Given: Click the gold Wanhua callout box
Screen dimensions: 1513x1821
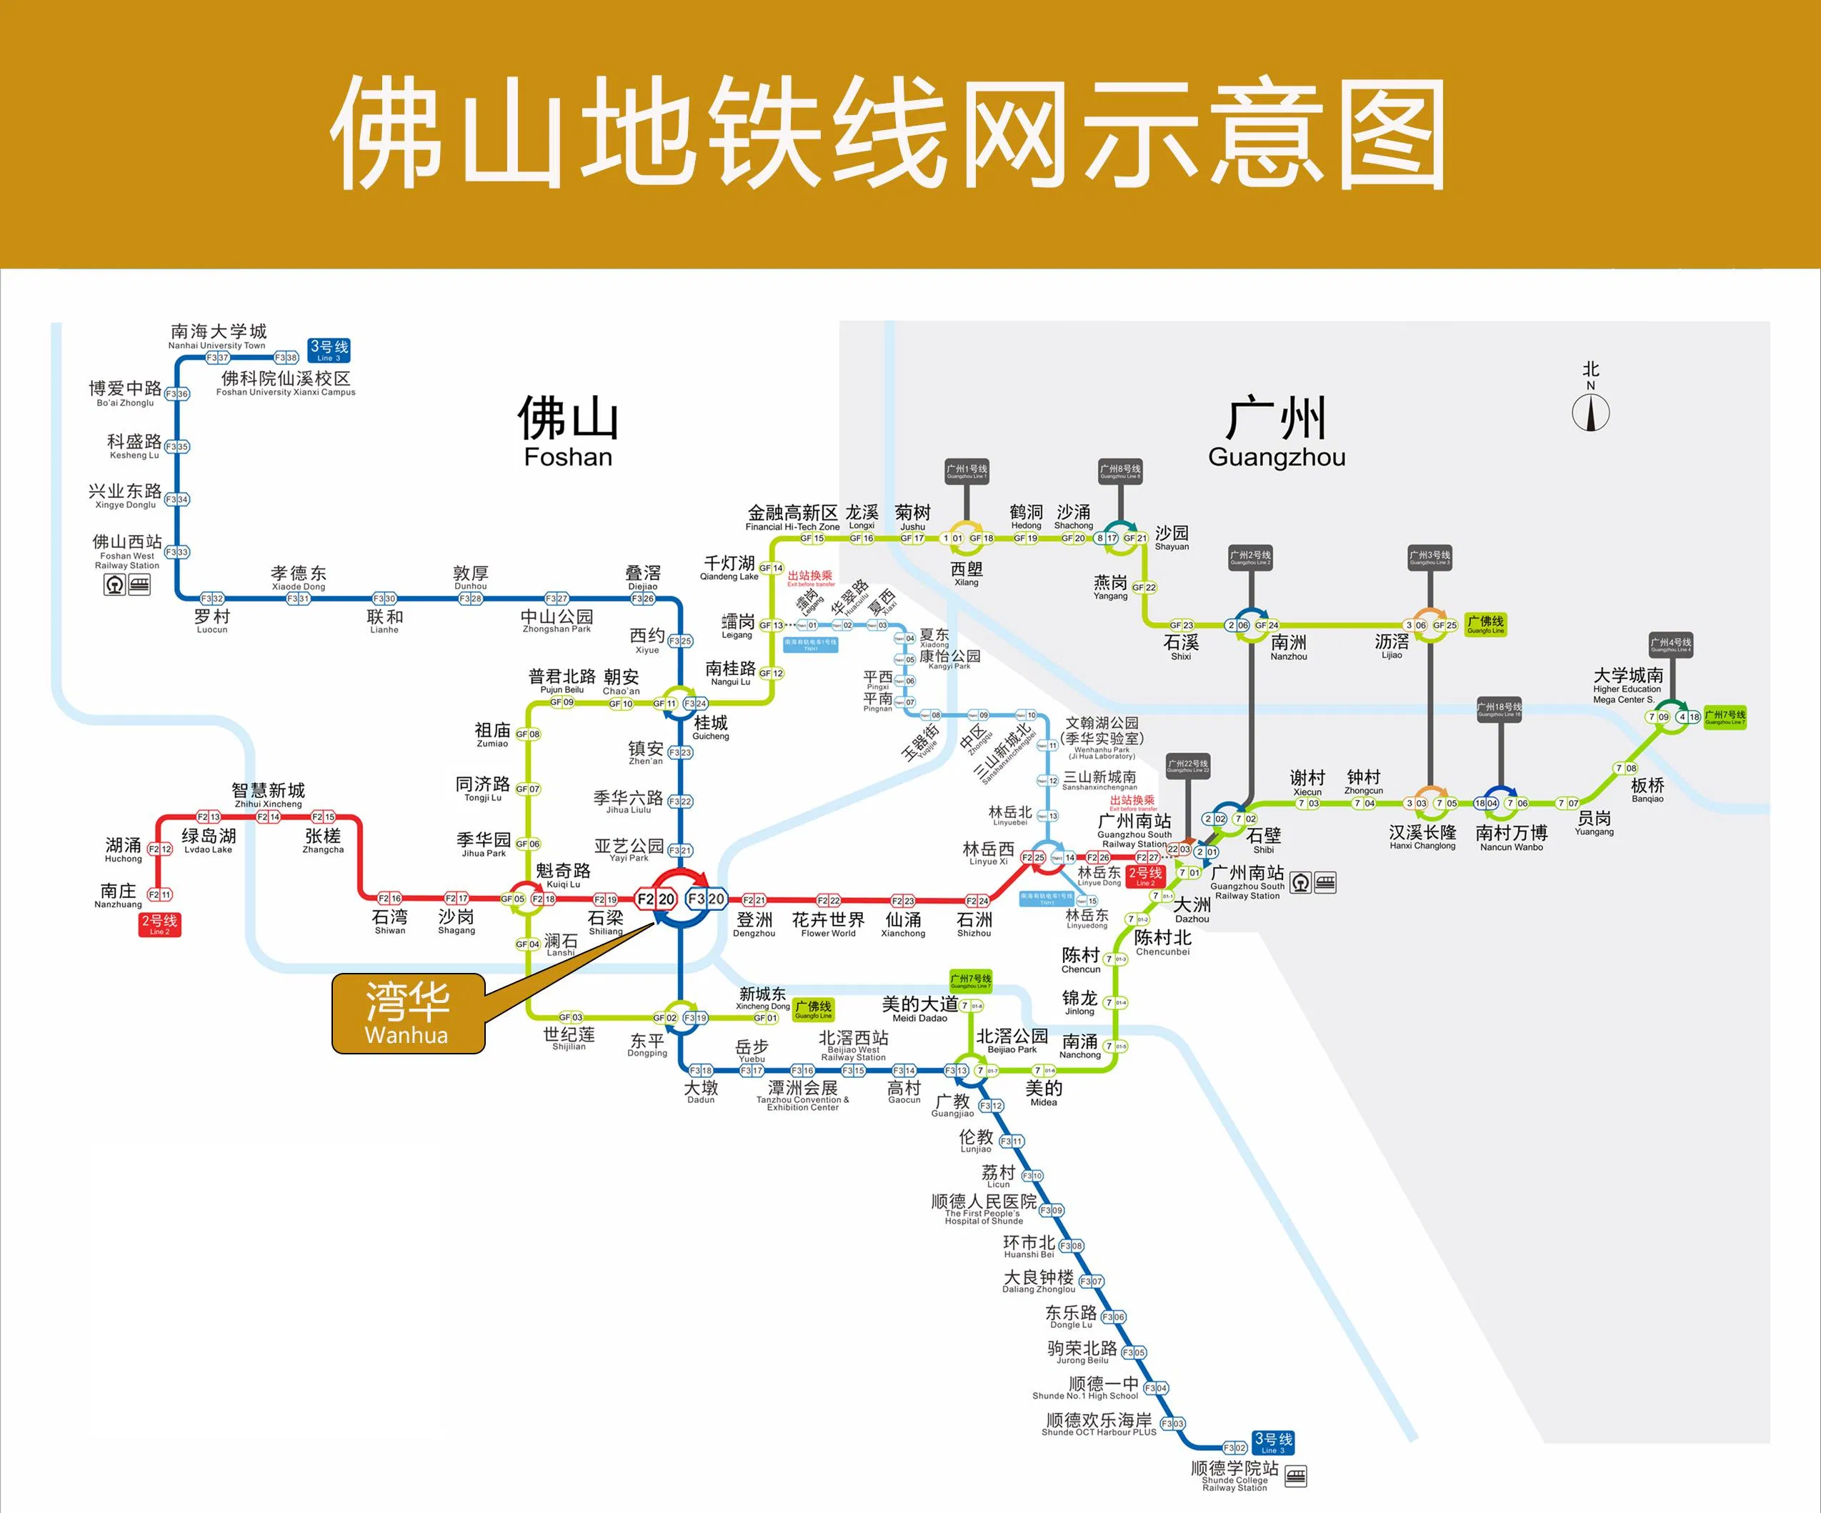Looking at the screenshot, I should click(407, 1013).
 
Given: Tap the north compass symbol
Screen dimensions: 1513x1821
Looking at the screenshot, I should click(1590, 413).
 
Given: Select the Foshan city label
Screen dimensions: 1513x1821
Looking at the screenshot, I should click(568, 431).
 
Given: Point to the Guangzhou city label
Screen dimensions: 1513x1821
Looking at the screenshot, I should click(1277, 431).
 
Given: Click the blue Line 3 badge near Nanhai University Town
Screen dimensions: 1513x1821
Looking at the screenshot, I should click(329, 350).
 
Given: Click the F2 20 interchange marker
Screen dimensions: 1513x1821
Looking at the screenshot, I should click(657, 899).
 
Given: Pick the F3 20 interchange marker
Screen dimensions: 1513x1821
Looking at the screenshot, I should click(706, 899).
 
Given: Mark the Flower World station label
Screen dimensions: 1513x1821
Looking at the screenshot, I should click(828, 924).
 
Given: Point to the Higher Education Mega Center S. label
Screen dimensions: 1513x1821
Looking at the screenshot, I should click(1627, 685).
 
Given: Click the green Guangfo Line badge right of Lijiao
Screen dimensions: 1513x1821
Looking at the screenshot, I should click(1485, 624).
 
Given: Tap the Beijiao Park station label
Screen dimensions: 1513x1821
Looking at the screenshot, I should click(1012, 1041).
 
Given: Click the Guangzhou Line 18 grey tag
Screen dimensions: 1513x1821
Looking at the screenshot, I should click(1500, 709).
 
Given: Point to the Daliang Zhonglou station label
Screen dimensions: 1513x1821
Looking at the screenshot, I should click(1039, 1282).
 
